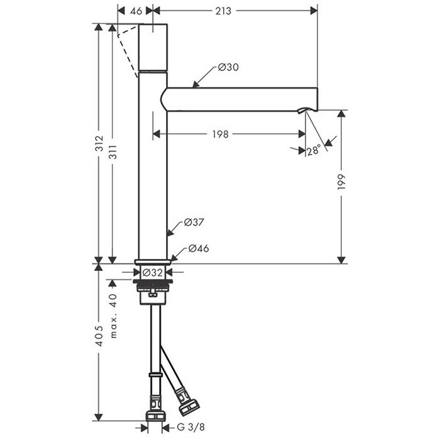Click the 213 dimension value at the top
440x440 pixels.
(223, 11)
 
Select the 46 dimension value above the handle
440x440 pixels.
(136, 11)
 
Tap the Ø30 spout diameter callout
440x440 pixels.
(228, 67)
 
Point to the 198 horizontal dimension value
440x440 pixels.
(220, 135)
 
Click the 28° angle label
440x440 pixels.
(314, 150)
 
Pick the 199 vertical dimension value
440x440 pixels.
(341, 182)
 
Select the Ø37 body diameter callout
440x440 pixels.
(194, 223)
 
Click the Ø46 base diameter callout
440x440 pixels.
(199, 248)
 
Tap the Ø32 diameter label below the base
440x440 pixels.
(152, 272)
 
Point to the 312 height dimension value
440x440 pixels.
(99, 144)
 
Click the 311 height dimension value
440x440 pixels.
(113, 152)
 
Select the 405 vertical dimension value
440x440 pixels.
(99, 336)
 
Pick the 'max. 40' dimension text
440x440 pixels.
(113, 316)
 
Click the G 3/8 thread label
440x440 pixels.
(191, 427)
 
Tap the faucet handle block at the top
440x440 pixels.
(153, 47)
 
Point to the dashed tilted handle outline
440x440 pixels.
(128, 52)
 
